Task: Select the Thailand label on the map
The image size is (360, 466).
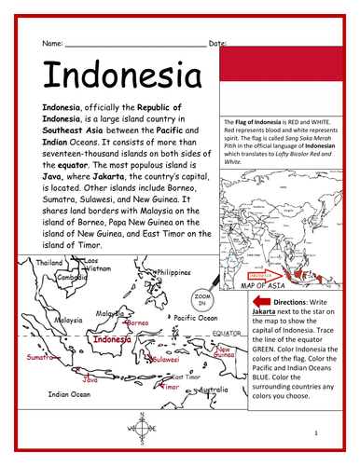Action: point(49,263)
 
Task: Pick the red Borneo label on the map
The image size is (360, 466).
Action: point(137,323)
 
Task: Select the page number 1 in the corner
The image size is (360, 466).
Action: point(316,434)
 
